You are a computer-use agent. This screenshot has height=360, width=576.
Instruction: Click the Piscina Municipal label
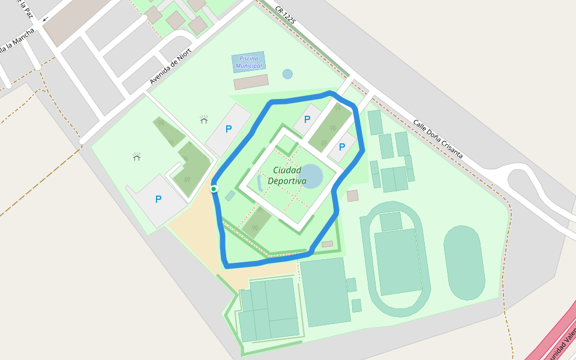tap(248, 62)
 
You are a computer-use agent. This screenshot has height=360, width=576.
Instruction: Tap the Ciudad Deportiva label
tap(287, 175)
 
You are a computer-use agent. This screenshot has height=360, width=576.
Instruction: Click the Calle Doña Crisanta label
tap(437, 139)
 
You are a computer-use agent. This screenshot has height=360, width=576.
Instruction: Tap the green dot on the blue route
tap(214, 189)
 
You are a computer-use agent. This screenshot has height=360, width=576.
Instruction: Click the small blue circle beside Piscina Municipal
tap(287, 74)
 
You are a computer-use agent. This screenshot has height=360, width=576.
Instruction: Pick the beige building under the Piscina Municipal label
tap(251, 82)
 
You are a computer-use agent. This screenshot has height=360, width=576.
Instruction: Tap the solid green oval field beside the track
tap(464, 263)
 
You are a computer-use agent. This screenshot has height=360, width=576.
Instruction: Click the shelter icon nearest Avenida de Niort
tap(204, 119)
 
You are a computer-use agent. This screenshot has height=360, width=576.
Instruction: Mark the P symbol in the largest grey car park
tap(158, 199)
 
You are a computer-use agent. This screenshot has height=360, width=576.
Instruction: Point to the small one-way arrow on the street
tap(45, 19)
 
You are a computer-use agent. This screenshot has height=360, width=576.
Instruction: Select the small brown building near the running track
tap(352, 196)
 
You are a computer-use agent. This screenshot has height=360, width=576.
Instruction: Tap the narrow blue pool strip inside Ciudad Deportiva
tap(259, 182)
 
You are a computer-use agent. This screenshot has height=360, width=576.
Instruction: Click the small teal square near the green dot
tap(230, 196)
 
